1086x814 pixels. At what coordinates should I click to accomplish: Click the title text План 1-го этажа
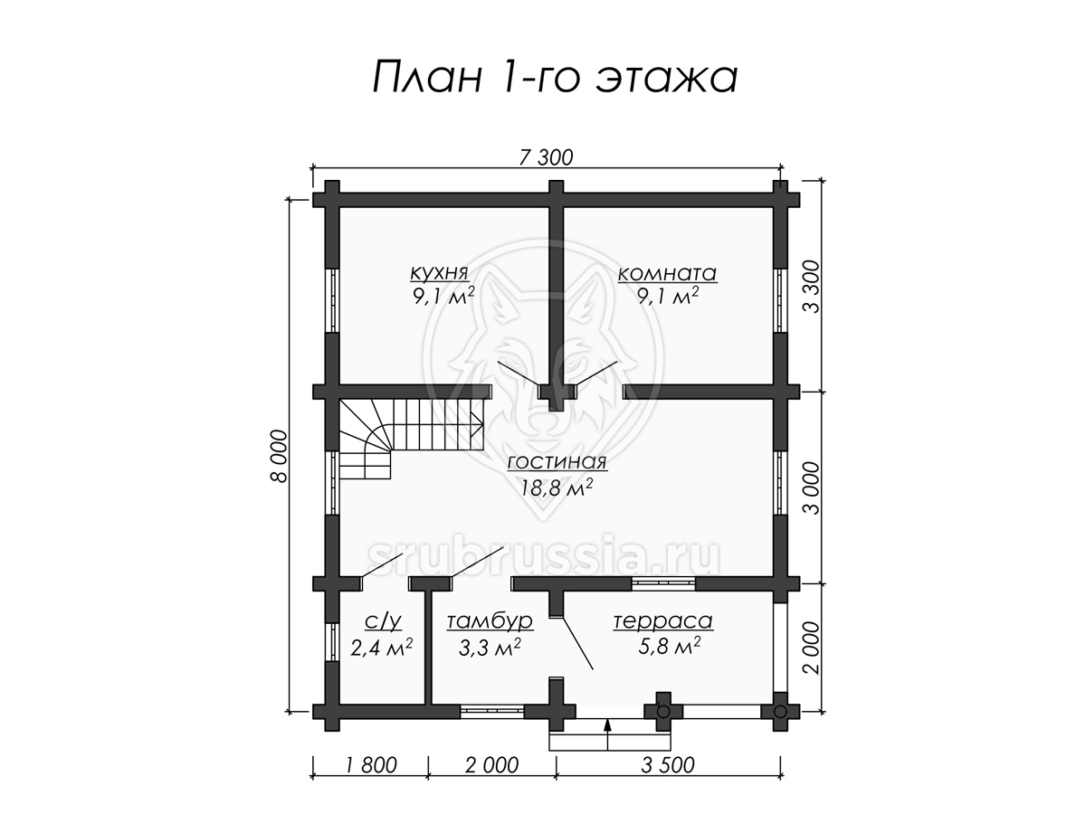pos(555,77)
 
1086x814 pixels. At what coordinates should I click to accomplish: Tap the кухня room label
pos(439,272)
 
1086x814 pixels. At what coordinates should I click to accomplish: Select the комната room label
pos(667,273)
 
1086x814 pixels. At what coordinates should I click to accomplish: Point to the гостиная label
pos(557,461)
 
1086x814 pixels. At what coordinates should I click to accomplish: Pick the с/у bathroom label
pos(383,621)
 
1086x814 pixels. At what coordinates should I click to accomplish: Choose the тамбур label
pos(490,621)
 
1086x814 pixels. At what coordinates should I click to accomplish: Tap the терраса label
pos(663,620)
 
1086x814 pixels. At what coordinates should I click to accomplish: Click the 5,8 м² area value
pos(669,647)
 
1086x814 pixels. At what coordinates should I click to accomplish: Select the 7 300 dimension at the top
pos(547,157)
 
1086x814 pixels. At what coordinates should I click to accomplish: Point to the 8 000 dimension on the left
pos(279,456)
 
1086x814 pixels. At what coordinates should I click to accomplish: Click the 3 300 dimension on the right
pos(812,287)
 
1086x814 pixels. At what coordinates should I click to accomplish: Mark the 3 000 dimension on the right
pos(812,488)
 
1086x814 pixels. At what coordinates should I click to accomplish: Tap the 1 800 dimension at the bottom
pos(370,765)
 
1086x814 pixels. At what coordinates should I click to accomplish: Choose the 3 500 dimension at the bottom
pos(668,765)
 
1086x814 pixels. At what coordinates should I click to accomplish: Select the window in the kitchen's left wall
pos(332,300)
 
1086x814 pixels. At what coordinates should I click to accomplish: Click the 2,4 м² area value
pos(382,647)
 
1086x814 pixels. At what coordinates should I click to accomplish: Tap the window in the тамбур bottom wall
pos(491,711)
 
